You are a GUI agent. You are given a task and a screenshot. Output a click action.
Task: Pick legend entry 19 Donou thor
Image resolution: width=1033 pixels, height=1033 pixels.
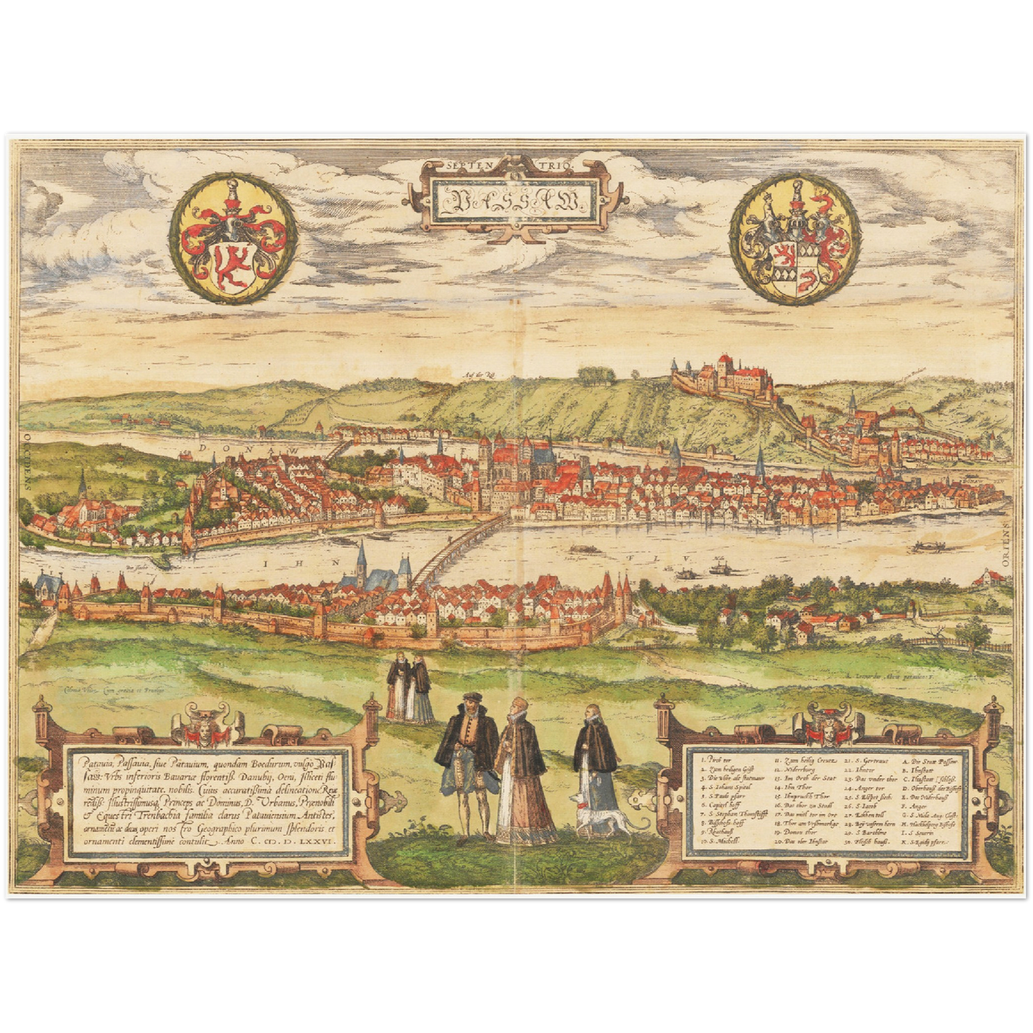799,833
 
